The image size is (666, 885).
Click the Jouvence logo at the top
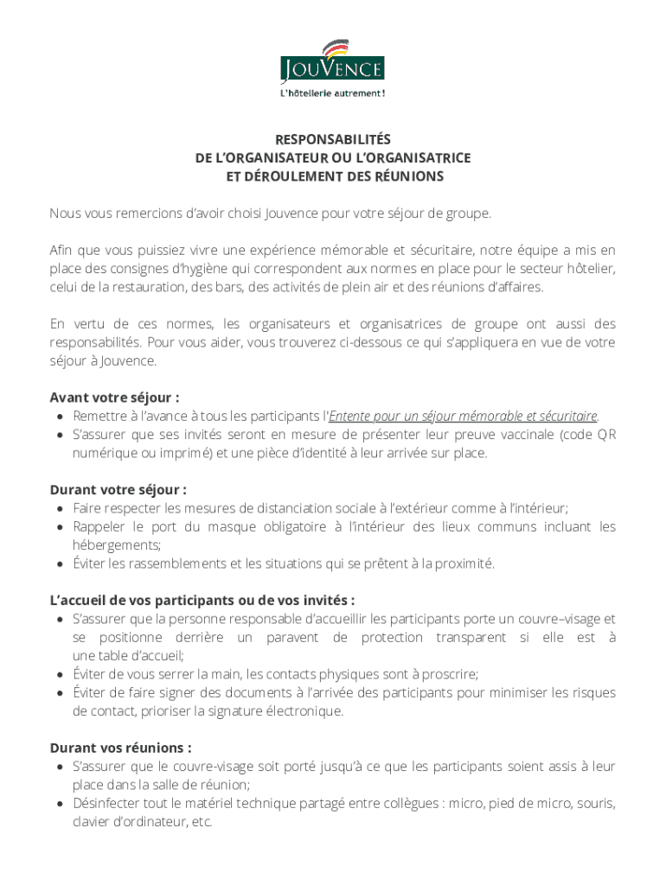pyautogui.click(x=332, y=62)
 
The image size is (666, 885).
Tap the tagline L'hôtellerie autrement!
pyautogui.click(x=332, y=93)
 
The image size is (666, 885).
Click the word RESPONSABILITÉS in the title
pyautogui.click(x=333, y=139)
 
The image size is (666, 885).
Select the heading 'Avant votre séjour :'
pyautogui.click(x=114, y=398)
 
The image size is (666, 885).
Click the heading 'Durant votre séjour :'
pyautogui.click(x=118, y=490)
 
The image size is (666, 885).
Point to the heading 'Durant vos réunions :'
pyautogui.click(x=120, y=748)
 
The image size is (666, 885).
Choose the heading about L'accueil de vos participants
pyautogui.click(x=202, y=600)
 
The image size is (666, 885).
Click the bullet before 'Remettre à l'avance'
pyautogui.click(x=58, y=416)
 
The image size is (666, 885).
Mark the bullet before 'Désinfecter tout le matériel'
pyautogui.click(x=58, y=804)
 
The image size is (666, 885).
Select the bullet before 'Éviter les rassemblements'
pyautogui.click(x=58, y=563)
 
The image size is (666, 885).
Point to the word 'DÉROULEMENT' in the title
pyautogui.click(x=280, y=176)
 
